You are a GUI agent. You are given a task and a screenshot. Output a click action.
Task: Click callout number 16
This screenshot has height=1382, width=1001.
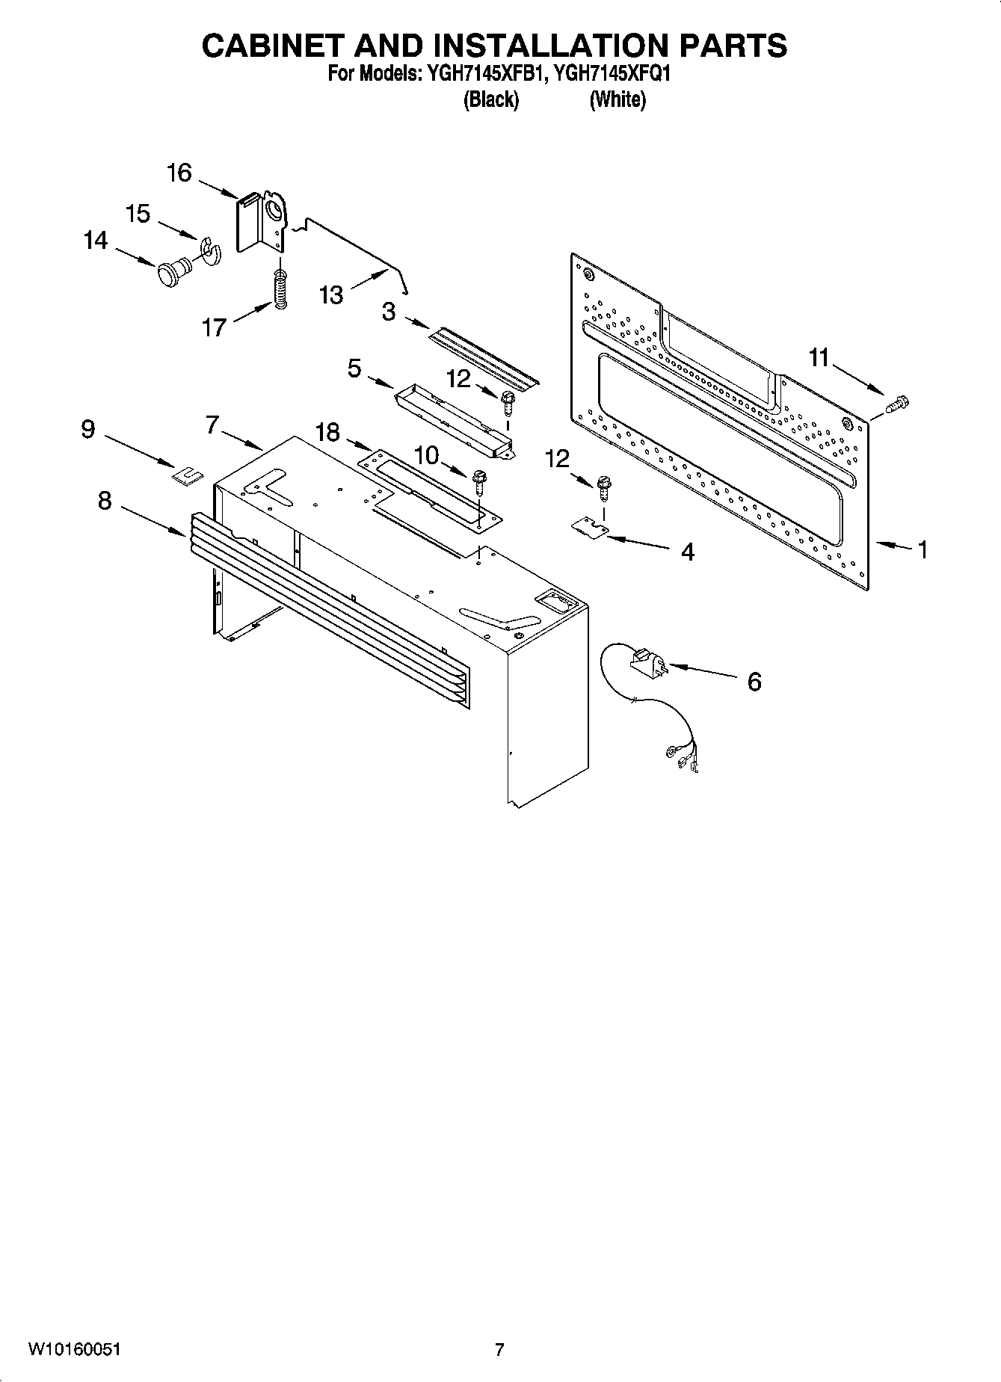[x=179, y=173]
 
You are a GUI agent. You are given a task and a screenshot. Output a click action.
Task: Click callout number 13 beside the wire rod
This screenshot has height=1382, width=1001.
[x=331, y=294]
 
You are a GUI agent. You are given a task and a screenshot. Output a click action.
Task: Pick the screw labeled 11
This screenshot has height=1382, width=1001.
[x=895, y=404]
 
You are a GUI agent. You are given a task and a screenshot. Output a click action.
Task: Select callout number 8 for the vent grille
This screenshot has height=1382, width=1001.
[x=105, y=501]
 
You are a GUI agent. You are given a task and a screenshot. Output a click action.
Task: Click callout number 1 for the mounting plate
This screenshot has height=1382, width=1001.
[x=923, y=550]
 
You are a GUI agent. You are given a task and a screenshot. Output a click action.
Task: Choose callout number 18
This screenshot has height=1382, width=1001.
[x=327, y=432]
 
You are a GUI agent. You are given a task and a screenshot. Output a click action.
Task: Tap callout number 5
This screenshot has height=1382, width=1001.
[x=354, y=368]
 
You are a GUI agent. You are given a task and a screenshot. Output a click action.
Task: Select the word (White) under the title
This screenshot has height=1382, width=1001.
[x=617, y=99]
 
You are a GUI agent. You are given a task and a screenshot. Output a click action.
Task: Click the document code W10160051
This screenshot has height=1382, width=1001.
[x=74, y=1349]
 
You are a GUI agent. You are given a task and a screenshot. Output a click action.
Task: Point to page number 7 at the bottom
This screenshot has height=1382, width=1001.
[x=499, y=1349]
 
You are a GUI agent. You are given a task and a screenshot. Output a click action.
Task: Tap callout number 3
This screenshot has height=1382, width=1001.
[x=389, y=312]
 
